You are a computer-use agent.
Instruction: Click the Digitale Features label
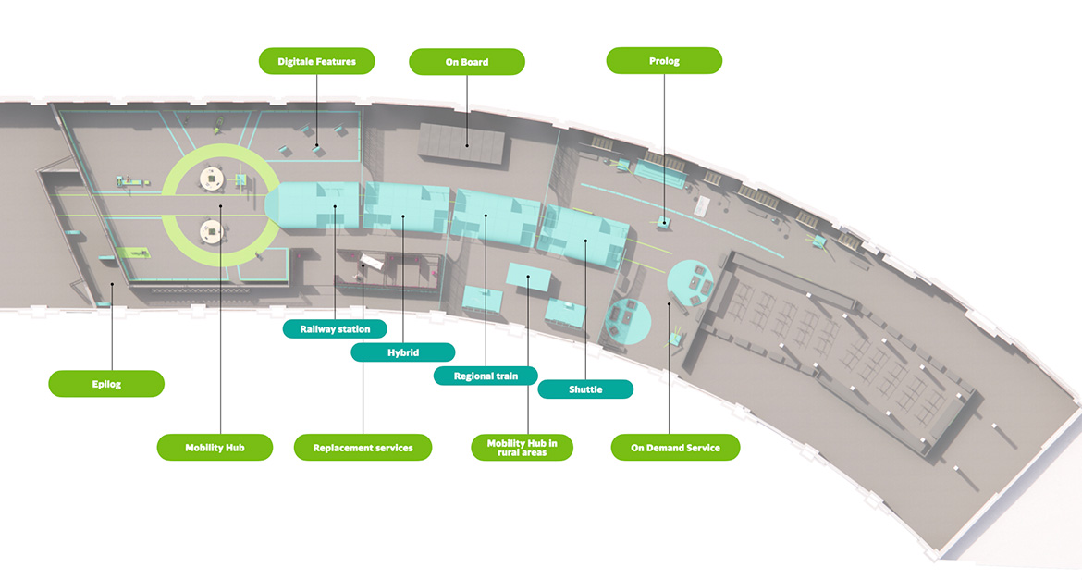[315, 62]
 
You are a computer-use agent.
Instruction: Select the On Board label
[467, 62]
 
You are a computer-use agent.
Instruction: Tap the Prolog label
[664, 61]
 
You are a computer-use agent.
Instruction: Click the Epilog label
[106, 383]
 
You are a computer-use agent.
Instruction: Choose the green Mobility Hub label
[215, 447]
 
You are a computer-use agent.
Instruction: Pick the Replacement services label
[363, 447]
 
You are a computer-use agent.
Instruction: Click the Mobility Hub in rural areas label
[523, 447]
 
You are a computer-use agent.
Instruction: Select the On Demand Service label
[675, 448]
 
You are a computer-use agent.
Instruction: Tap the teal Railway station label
[335, 328]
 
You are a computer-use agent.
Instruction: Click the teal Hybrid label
[403, 352]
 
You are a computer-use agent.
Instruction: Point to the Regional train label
[486, 376]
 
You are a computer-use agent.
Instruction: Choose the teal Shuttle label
[585, 389]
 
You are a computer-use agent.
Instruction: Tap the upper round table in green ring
[214, 176]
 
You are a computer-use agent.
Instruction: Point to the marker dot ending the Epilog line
[112, 284]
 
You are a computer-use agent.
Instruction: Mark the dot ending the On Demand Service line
[669, 302]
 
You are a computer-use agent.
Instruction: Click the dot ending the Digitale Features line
[316, 145]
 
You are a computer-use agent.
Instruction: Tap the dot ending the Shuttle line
[585, 242]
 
